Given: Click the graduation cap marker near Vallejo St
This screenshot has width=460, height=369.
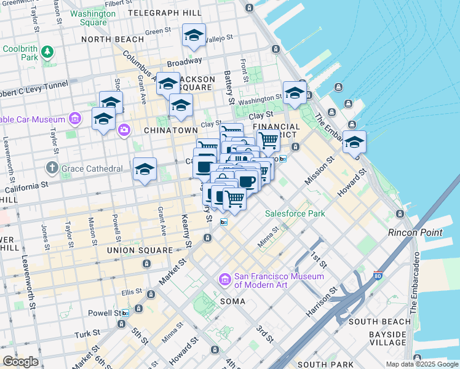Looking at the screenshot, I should (x=194, y=35).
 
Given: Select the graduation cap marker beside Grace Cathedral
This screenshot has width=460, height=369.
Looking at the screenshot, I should (x=145, y=169).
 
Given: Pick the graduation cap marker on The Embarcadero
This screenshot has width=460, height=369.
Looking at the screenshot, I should (x=354, y=141).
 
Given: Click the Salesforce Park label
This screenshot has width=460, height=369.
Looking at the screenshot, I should (x=295, y=213).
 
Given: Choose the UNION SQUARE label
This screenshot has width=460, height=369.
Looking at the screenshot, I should (x=140, y=250).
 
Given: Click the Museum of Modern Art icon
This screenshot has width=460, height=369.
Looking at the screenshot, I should (x=224, y=280).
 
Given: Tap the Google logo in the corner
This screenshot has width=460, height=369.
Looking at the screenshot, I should (x=20, y=361).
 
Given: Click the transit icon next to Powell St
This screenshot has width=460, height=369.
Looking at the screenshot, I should (x=125, y=313).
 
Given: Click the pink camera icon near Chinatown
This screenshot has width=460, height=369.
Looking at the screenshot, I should (x=124, y=129).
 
